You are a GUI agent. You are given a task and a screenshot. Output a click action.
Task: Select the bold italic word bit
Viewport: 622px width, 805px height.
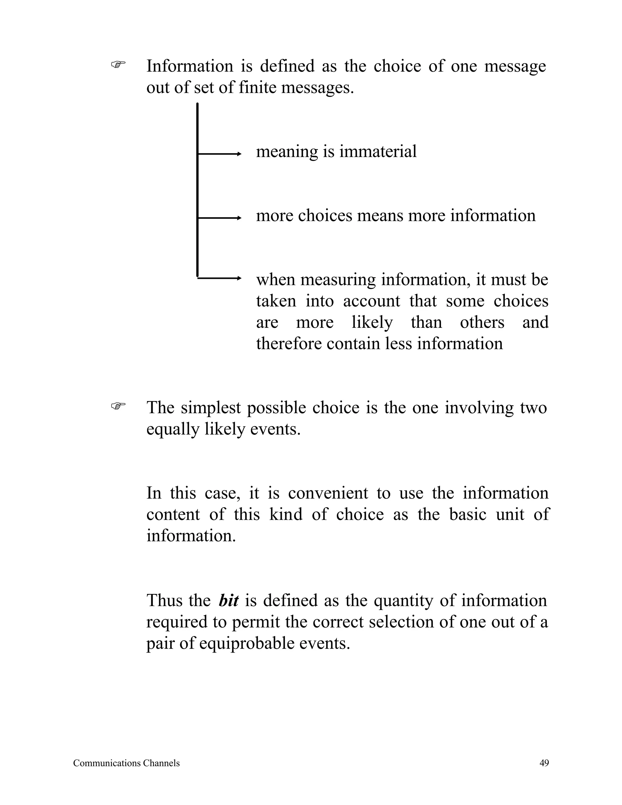[228, 601]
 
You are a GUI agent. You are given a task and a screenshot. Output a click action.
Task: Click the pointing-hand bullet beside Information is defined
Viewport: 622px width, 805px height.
[118, 65]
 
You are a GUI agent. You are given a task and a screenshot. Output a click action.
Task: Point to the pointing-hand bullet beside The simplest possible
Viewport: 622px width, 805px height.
[118, 406]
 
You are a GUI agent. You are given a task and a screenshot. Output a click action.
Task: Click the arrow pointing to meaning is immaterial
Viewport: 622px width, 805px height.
[219, 154]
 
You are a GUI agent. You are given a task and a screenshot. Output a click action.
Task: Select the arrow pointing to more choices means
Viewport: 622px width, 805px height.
[219, 218]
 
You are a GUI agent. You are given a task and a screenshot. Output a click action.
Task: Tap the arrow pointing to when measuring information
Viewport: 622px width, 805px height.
[219, 278]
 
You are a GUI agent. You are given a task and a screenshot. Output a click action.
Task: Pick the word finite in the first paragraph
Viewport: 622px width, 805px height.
[257, 88]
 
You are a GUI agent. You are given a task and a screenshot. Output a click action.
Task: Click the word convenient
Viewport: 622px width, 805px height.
[328, 493]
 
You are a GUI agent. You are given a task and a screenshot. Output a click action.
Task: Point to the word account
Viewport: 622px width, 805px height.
[371, 301]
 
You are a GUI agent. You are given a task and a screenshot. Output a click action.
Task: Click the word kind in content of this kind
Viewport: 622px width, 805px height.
[285, 515]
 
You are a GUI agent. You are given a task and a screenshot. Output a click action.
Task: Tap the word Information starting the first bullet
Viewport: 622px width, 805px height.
[190, 66]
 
